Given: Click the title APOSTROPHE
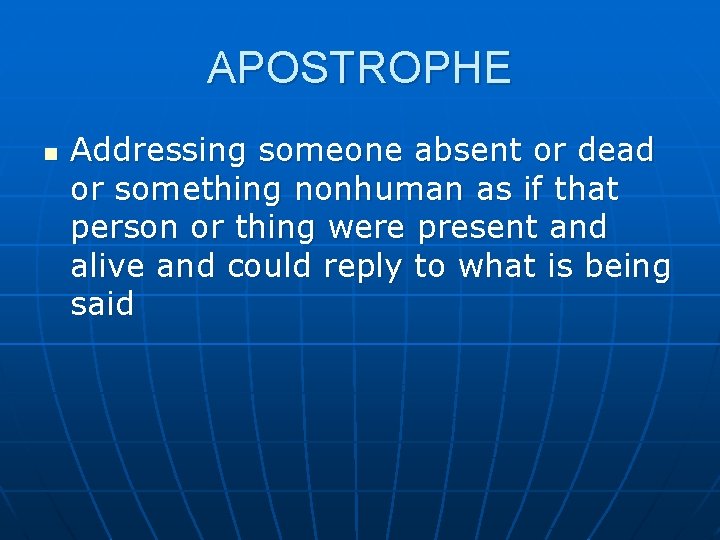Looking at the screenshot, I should (359, 68).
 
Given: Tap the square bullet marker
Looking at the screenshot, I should (51, 156).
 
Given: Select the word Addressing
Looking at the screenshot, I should (159, 152).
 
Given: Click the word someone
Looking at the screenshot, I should (330, 151).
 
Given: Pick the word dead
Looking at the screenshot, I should (615, 151).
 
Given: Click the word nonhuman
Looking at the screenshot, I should (378, 189).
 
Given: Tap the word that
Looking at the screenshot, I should (585, 189).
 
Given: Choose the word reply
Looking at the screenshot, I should (363, 268).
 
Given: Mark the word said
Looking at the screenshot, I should (102, 304).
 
